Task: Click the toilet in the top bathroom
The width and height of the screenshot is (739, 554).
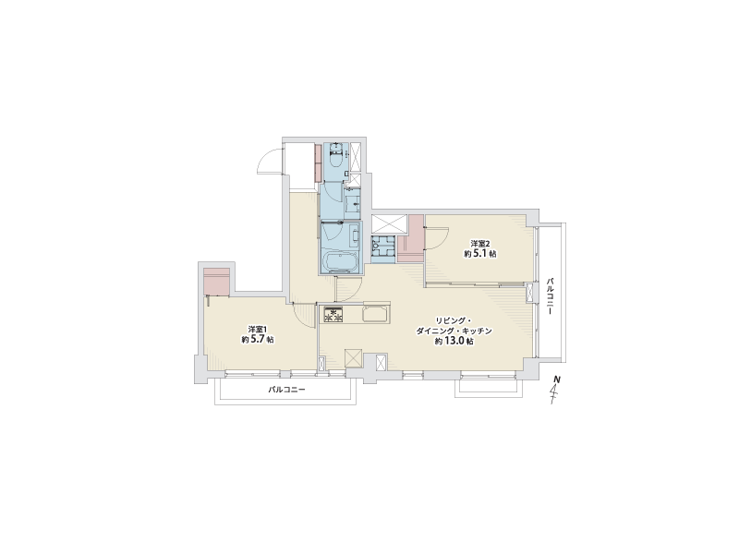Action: pyautogui.click(x=335, y=156)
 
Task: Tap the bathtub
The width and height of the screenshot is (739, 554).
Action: pyautogui.click(x=340, y=261)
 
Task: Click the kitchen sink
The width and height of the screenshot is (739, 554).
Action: pyautogui.click(x=376, y=314)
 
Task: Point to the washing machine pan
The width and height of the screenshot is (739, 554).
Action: pyautogui.click(x=382, y=246)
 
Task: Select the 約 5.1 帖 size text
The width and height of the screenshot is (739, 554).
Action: pyautogui.click(x=480, y=253)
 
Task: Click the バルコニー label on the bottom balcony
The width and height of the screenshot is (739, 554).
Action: pyautogui.click(x=286, y=390)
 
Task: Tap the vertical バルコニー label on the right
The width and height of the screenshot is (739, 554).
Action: pyautogui.click(x=550, y=296)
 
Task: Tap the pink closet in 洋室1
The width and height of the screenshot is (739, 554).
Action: pyautogui.click(x=217, y=282)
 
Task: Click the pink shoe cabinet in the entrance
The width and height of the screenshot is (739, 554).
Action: pyautogui.click(x=319, y=163)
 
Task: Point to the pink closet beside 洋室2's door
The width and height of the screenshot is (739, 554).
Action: pyautogui.click(x=411, y=238)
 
